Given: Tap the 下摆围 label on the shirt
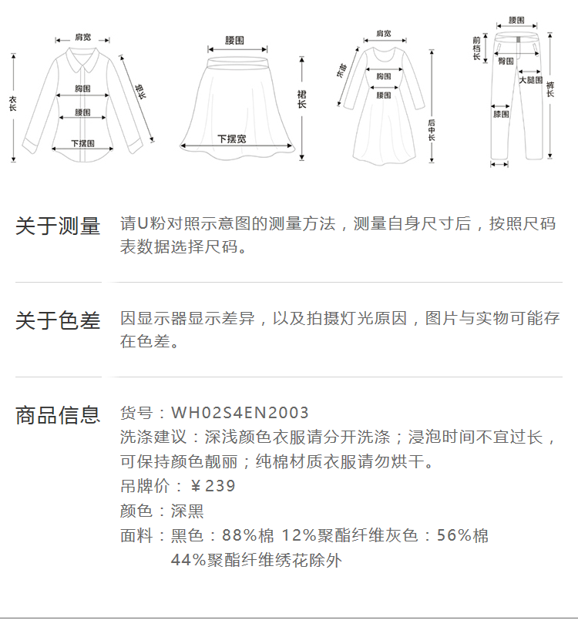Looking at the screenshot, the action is (82, 143).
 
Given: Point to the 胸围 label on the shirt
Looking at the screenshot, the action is (83, 89).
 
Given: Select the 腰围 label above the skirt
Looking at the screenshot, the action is (235, 40).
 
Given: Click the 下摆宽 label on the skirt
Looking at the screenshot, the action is (231, 139).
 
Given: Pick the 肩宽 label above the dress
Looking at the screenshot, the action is (383, 34).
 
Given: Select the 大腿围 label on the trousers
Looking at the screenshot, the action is (530, 79).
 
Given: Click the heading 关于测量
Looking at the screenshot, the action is (58, 226).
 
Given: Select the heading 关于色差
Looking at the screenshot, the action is (58, 321).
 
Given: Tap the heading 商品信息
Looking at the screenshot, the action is (58, 415).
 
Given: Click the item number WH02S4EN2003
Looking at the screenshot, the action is (240, 414).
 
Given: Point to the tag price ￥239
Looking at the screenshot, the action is (213, 486).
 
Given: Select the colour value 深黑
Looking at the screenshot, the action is (187, 511).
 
